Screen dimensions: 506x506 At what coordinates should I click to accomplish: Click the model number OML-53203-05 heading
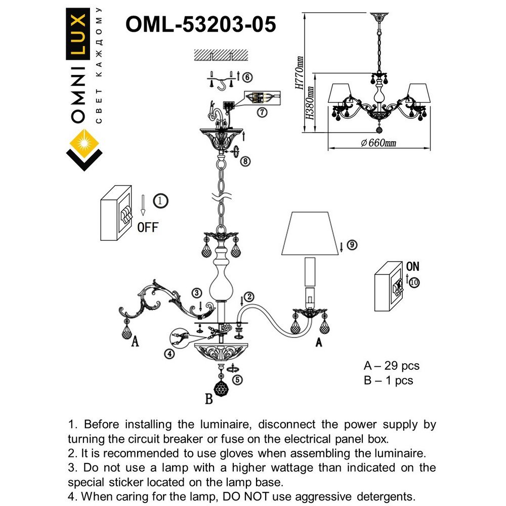point(200,24)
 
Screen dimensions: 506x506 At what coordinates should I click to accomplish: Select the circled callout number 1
point(160,201)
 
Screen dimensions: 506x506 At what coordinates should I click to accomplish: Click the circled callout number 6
point(246,77)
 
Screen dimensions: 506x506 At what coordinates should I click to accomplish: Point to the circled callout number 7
point(261,113)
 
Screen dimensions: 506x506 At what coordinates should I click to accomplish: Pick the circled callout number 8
point(245,161)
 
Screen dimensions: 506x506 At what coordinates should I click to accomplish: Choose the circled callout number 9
point(352,245)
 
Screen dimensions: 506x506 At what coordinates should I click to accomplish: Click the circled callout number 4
point(170,354)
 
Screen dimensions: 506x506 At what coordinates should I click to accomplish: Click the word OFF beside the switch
point(148,227)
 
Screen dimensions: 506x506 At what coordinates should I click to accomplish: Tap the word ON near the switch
point(412,267)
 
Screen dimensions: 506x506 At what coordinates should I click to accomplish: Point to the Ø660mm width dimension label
point(378,143)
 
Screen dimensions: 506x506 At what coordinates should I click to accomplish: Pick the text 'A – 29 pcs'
point(391,365)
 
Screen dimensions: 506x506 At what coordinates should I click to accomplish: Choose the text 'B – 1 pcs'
point(388,380)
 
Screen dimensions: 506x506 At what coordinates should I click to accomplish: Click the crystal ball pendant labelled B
point(221,389)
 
